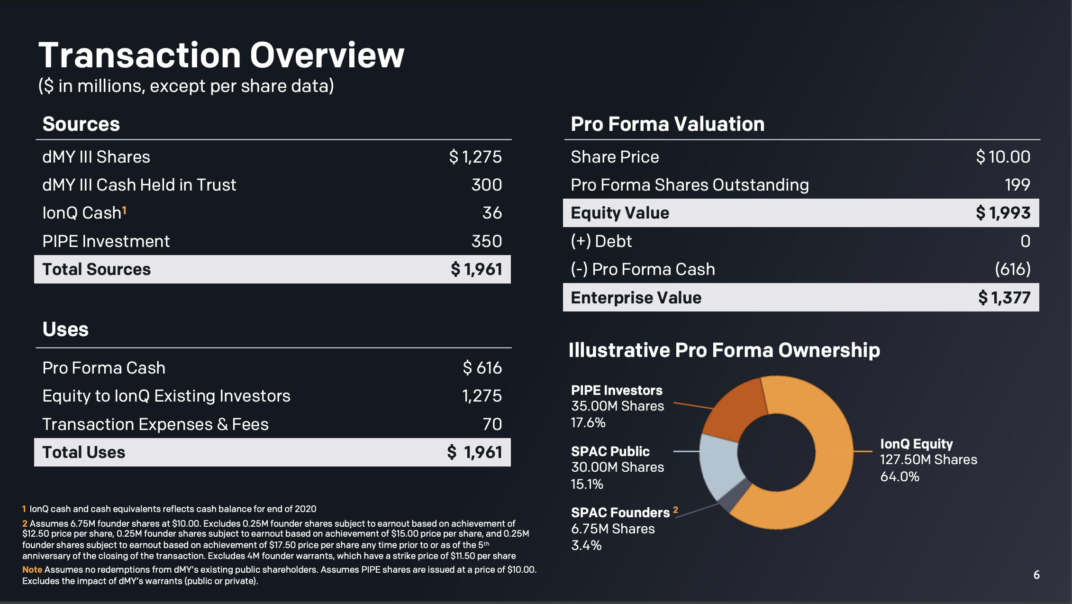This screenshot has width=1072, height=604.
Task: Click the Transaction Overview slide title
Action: (221, 55)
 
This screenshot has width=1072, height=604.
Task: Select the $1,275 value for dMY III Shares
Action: (475, 157)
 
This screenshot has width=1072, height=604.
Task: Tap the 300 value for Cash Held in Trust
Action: (486, 185)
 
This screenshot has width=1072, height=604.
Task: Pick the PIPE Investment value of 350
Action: (486, 241)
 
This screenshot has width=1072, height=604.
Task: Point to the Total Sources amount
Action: (476, 269)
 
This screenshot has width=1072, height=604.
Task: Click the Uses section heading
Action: (65, 329)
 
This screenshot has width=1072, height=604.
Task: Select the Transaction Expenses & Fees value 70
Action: (492, 424)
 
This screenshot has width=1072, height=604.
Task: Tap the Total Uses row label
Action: (83, 452)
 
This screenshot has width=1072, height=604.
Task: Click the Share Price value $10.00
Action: (1003, 157)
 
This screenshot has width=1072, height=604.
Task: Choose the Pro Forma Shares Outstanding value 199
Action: (1017, 185)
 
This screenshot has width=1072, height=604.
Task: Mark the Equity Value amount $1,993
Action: (1003, 213)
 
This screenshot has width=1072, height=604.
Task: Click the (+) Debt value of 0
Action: (1025, 241)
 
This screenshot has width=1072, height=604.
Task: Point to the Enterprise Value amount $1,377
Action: (1004, 298)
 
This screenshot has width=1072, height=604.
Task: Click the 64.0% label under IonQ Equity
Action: (899, 476)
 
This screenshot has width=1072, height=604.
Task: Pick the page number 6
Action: (1036, 575)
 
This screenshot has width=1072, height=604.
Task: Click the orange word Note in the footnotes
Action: (32, 569)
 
